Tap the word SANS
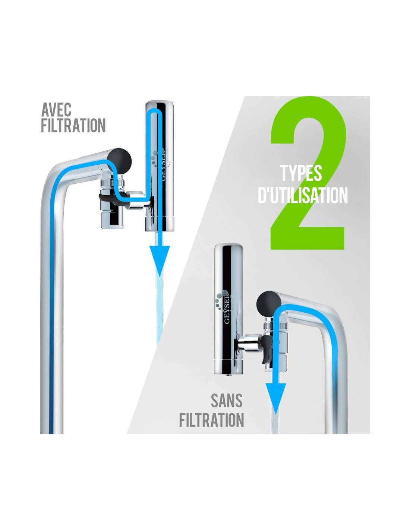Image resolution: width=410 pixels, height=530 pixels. point(227,401)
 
